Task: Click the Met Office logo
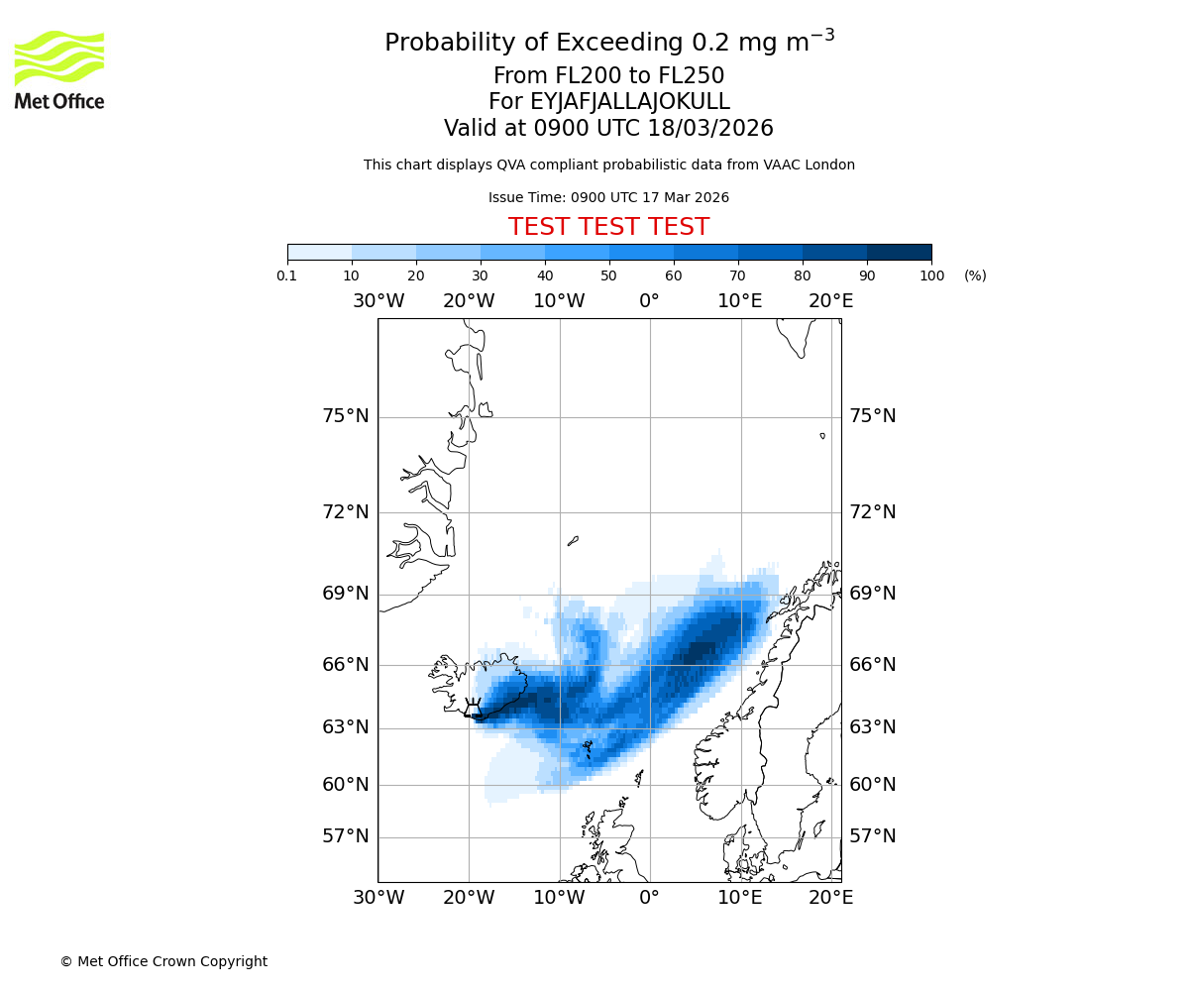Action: coord(59,69)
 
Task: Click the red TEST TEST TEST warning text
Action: coord(608,227)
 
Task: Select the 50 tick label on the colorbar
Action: coord(608,275)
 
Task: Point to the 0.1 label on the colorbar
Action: coord(287,275)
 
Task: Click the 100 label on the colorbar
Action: coord(931,275)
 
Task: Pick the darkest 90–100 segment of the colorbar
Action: coord(899,252)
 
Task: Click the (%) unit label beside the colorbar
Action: coord(975,275)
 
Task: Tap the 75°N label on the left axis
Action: coord(346,416)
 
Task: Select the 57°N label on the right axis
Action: coord(872,836)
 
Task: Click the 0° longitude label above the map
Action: coord(649,301)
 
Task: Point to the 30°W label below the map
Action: coord(378,898)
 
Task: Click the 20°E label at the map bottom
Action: coord(830,898)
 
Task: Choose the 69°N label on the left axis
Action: coord(346,594)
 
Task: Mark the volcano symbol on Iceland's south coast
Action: coord(473,708)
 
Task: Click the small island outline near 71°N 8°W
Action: coord(573,541)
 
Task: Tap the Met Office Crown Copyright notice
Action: coord(163,961)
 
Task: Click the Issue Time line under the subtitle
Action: coord(608,198)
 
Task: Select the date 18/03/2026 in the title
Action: coord(710,129)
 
